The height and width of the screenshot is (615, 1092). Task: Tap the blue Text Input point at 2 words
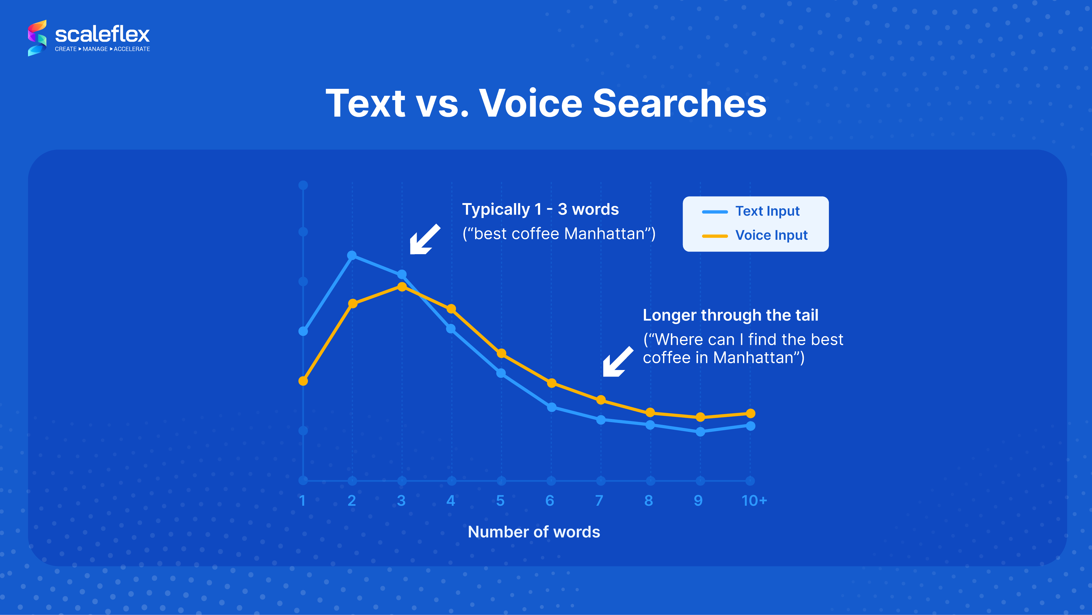352,255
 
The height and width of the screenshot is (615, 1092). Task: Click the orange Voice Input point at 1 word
303,381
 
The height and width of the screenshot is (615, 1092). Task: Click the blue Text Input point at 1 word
303,331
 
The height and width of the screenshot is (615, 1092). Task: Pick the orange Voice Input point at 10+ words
750,413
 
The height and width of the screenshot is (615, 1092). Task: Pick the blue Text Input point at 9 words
700,432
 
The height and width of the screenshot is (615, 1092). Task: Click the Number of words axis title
534,532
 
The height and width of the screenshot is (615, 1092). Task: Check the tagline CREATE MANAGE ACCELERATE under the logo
102,49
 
